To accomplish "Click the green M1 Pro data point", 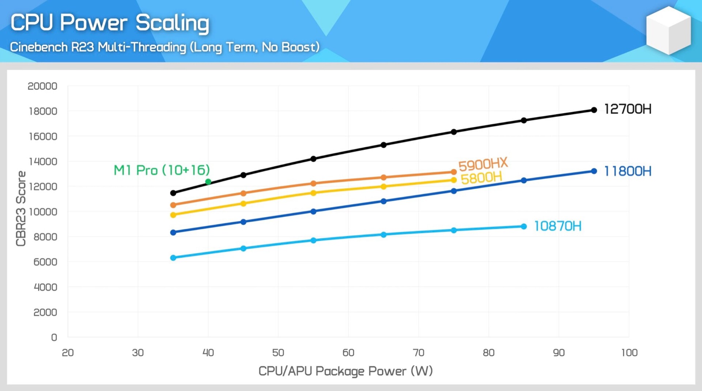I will tap(208, 182).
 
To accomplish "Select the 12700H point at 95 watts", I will tap(594, 110).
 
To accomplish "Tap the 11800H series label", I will tap(627, 171).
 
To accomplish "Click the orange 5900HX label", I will tap(483, 164).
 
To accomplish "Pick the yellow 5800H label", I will tap(481, 178).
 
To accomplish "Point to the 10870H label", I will tap(557, 226).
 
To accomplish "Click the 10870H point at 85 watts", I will tap(524, 227).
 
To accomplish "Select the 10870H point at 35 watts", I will tap(173, 258).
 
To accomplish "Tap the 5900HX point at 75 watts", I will tap(454, 172).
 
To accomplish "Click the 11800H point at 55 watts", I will tap(313, 211).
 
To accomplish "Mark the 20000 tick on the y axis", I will tap(42, 86).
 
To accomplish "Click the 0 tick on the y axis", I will tap(54, 337).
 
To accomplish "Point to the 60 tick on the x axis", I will tap(348, 353).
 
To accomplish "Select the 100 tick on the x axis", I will tap(629, 353).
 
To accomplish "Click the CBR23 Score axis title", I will tap(21, 208).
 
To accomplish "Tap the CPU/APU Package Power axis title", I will tap(346, 371).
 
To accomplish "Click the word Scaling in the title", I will tap(172, 23).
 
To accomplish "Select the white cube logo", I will tap(668, 31).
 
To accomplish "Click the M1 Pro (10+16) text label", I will tap(162, 170).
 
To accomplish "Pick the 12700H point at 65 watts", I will tap(384, 145).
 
